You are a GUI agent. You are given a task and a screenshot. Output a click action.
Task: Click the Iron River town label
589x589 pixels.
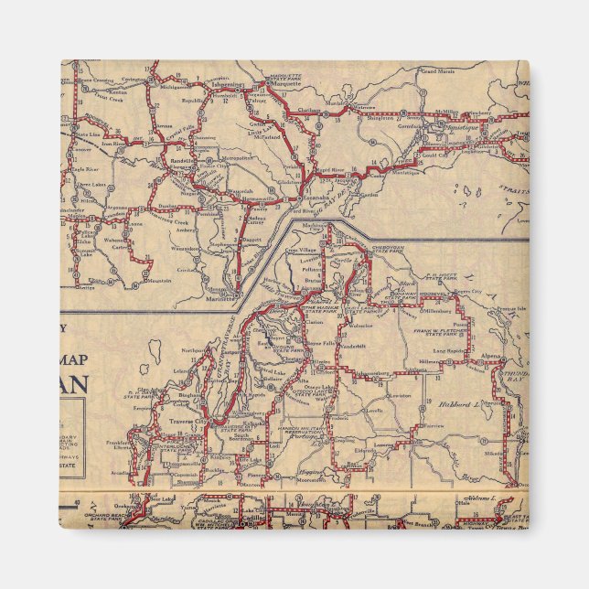point(114,143)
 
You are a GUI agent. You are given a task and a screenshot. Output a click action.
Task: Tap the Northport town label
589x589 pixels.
point(193,349)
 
